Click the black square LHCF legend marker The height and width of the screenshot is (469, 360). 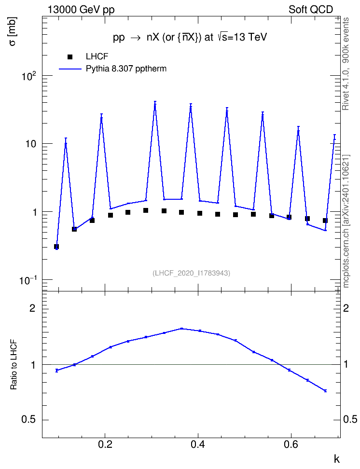[x=70, y=57]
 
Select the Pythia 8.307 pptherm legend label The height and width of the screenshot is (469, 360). [x=126, y=69]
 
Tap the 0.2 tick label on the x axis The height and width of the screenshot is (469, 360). [x=105, y=444]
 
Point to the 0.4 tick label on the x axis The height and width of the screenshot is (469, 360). [x=197, y=444]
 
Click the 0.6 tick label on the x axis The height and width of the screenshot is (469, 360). [x=291, y=444]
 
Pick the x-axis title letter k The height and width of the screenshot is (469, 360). [x=337, y=459]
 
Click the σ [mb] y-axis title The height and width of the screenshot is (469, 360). [x=13, y=31]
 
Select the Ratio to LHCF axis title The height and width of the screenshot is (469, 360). [x=14, y=365]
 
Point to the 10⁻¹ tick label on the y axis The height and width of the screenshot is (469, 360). [x=28, y=280]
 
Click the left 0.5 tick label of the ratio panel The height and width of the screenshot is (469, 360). [x=29, y=420]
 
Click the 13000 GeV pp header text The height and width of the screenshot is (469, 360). [x=81, y=10]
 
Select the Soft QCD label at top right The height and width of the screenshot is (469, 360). [x=311, y=10]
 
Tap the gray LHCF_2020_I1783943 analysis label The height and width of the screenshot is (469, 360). [x=191, y=273]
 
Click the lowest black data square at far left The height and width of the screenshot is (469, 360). [x=56, y=247]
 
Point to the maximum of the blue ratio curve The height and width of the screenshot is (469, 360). [x=181, y=329]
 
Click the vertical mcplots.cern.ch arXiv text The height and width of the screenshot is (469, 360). [x=346, y=221]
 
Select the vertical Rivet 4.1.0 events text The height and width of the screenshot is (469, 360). [x=346, y=64]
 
